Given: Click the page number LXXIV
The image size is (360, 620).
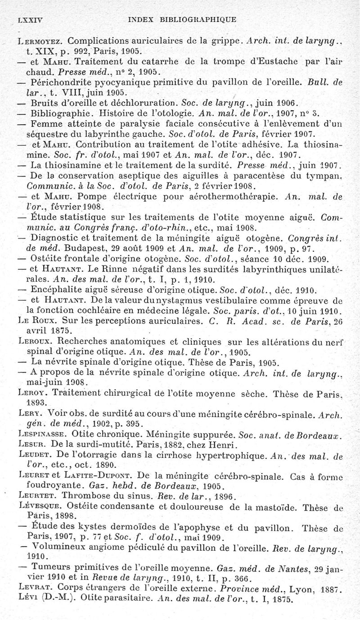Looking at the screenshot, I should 29,20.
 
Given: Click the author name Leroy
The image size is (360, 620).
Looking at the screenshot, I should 31,393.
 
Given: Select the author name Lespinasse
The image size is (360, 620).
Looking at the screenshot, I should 41,435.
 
